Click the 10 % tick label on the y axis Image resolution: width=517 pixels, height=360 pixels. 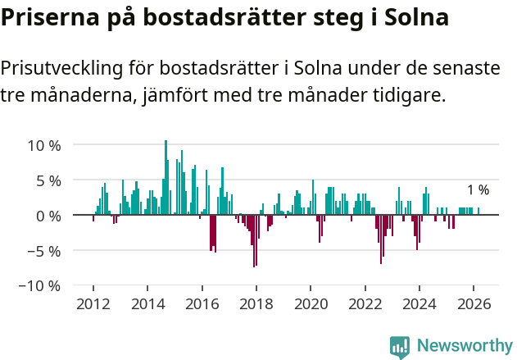(x=44, y=145)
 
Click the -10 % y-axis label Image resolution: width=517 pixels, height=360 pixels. (x=41, y=286)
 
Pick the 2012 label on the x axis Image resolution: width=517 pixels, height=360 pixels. (x=93, y=304)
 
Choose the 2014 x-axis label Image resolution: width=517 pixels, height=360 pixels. (x=147, y=304)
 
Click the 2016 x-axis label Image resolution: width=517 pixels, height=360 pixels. (x=202, y=304)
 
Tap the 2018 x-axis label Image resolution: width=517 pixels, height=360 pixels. (x=256, y=304)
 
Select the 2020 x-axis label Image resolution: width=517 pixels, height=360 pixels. (x=311, y=304)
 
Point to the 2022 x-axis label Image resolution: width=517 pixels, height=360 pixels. (x=365, y=304)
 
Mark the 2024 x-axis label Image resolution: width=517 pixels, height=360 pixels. (x=420, y=304)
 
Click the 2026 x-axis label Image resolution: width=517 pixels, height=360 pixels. (x=474, y=304)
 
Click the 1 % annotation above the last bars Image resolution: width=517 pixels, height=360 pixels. (x=478, y=190)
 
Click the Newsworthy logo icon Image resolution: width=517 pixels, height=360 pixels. (x=400, y=346)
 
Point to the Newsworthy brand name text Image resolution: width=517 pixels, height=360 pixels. (x=464, y=346)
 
